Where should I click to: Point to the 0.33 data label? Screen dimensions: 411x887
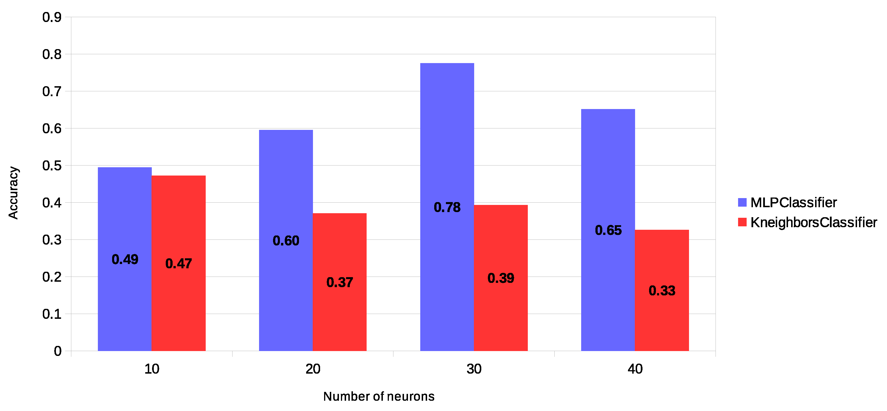pyautogui.click(x=662, y=291)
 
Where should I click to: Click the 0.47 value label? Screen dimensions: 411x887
pyautogui.click(x=178, y=263)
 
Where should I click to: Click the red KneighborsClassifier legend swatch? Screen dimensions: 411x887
pyautogui.click(x=742, y=222)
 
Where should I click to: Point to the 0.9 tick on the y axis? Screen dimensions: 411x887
pyautogui.click(x=52, y=17)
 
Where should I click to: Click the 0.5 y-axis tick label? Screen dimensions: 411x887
pyautogui.click(x=52, y=166)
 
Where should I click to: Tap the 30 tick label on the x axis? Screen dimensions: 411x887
pyautogui.click(x=474, y=369)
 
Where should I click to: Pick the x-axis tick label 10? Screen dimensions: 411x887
pyautogui.click(x=151, y=369)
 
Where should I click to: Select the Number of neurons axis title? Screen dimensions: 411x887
pyautogui.click(x=379, y=396)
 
